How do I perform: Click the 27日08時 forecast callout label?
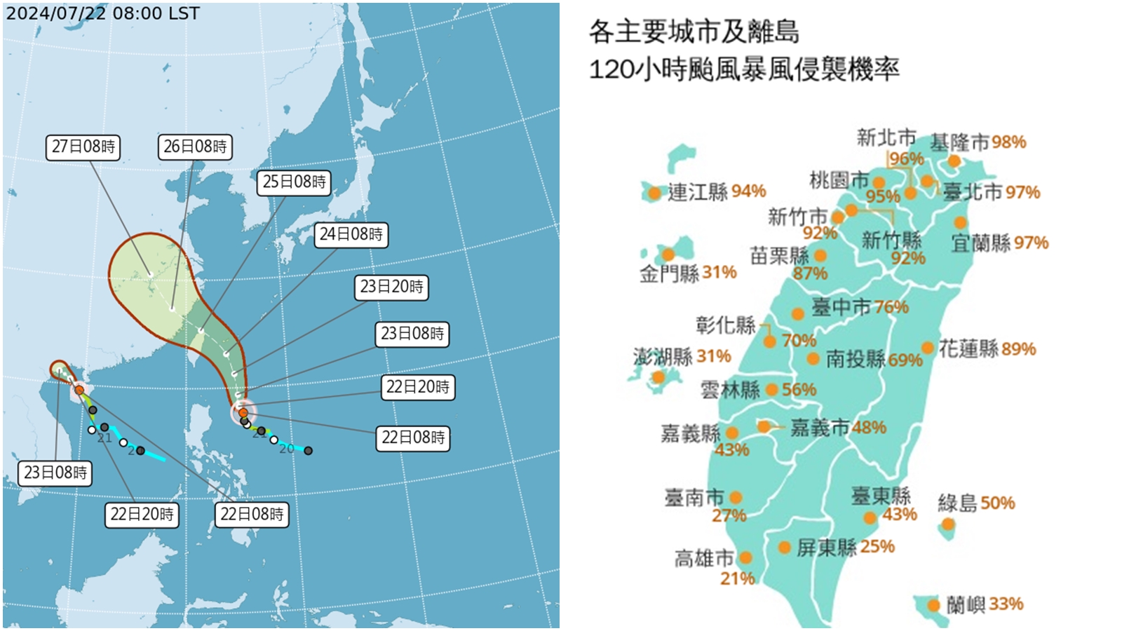click(x=83, y=147)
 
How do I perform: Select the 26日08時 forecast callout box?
click(x=195, y=147)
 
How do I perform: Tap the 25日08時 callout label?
click(x=295, y=182)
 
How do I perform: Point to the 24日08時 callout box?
click(x=351, y=234)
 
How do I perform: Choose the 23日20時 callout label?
click(x=391, y=287)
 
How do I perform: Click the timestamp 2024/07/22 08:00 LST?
click(x=102, y=13)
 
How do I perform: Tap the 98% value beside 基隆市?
click(x=1009, y=142)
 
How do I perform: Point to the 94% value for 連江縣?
click(x=748, y=191)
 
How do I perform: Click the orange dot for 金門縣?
click(x=668, y=255)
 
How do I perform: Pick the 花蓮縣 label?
click(x=968, y=348)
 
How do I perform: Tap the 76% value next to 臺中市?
click(x=891, y=307)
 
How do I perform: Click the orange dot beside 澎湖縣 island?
click(x=658, y=378)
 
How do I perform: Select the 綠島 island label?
click(x=957, y=503)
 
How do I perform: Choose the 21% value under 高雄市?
click(x=737, y=578)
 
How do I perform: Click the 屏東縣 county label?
click(x=826, y=547)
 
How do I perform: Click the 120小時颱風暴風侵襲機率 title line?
click(x=743, y=69)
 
